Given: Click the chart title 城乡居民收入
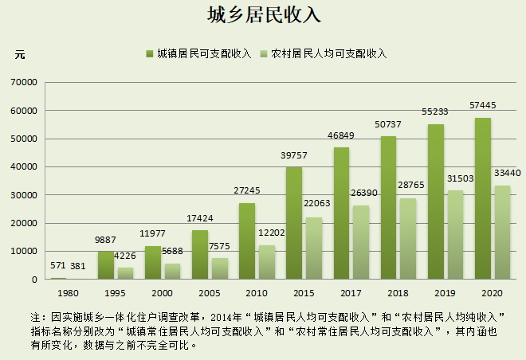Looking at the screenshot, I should [x=262, y=16].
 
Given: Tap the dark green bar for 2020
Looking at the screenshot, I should [x=482, y=199].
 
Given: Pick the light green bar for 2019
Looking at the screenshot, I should [x=455, y=235].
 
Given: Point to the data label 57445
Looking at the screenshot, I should [x=482, y=105].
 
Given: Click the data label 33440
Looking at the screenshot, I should [x=508, y=173].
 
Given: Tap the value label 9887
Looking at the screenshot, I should [x=105, y=239].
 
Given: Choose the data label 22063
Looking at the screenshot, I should [x=313, y=205].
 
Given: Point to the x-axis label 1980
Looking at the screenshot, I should [x=68, y=293].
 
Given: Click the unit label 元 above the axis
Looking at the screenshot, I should [x=20, y=54].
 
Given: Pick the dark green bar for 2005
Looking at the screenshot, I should [x=200, y=255].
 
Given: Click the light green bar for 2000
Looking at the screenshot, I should [x=172, y=272].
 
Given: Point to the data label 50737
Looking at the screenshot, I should [x=388, y=124].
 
